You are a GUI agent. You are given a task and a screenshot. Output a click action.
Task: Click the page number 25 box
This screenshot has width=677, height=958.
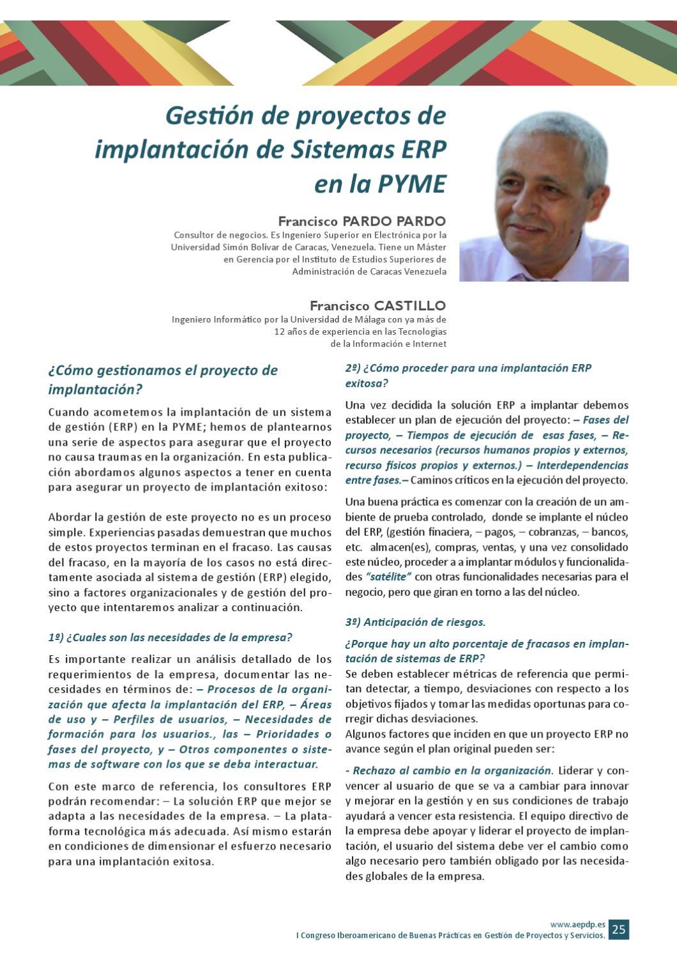618,929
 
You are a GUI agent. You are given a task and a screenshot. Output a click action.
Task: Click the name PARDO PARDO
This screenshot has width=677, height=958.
394,222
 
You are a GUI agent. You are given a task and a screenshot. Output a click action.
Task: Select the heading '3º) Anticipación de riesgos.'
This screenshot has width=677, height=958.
415,622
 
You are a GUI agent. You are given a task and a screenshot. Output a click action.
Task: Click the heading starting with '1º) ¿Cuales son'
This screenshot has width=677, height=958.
170,637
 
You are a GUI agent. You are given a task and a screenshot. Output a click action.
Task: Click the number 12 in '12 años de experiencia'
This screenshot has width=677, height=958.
280,331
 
